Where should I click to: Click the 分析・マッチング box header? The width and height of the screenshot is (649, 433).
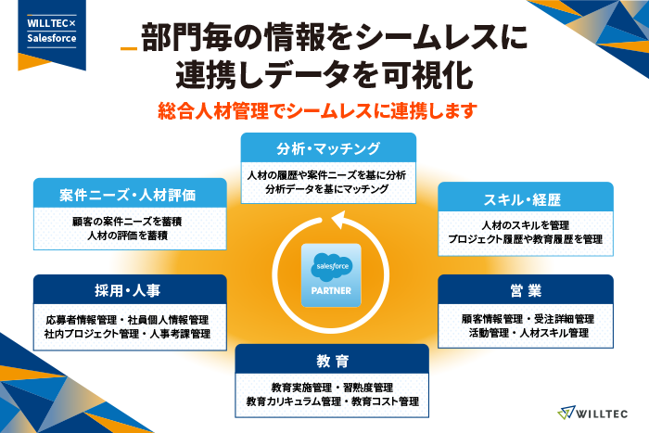point(328,147)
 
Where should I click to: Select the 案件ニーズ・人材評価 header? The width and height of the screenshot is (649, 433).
point(130,193)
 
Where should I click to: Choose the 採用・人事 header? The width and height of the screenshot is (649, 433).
point(130,289)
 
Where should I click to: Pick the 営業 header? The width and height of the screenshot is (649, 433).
point(526,289)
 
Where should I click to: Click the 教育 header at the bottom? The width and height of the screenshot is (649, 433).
point(332,359)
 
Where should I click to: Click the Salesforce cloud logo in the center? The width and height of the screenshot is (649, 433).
point(332,267)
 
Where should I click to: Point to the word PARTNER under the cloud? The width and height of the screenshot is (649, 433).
point(331,291)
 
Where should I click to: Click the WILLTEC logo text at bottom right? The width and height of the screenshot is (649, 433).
point(602,414)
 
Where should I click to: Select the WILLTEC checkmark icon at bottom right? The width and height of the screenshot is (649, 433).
point(566,413)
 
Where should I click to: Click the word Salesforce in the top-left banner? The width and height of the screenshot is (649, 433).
point(52,38)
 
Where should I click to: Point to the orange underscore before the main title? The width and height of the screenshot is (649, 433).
point(129,49)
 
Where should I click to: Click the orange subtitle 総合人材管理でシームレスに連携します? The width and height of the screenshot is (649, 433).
point(317,111)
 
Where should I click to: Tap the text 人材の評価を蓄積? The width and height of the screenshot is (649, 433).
point(128,236)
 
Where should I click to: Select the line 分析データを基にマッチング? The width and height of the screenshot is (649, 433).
point(327,189)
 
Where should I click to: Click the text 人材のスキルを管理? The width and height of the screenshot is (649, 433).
point(526,225)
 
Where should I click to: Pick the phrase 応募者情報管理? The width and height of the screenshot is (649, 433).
point(82,320)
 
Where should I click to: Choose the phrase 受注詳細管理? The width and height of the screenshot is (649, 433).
point(564,319)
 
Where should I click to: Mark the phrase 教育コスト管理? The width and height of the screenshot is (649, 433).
point(385,401)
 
